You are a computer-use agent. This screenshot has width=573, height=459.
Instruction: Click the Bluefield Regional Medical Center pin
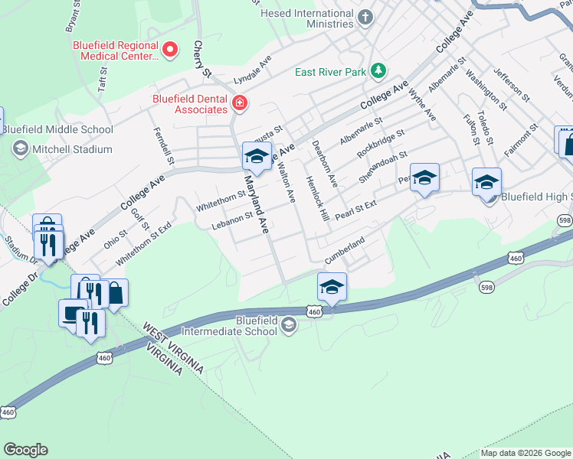(171, 50)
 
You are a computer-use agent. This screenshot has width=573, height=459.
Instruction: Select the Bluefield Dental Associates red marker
(240, 103)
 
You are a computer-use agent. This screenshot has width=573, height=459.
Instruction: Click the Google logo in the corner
(25, 450)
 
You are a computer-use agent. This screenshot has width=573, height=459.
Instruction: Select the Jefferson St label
(511, 83)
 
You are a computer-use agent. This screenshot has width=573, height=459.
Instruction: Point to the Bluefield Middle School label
(57, 129)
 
